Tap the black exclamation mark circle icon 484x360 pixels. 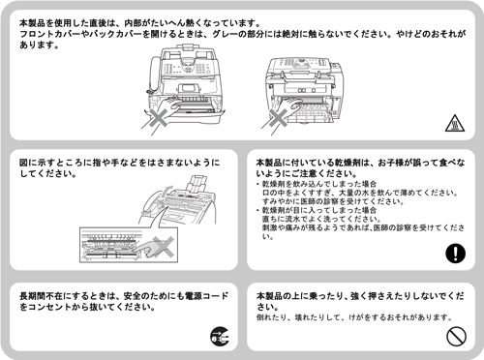[x=454, y=255]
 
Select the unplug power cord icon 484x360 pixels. [x=219, y=336]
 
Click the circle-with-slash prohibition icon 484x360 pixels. [x=454, y=335]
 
